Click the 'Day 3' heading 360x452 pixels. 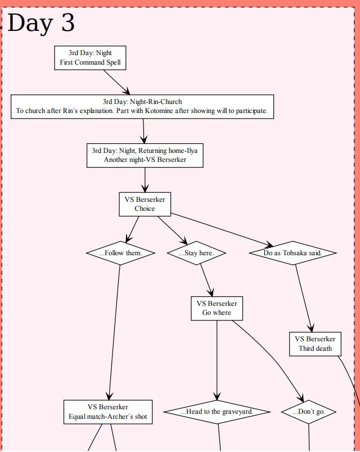(x=41, y=23)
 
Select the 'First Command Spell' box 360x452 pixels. (x=90, y=58)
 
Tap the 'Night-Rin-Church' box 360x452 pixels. (x=142, y=106)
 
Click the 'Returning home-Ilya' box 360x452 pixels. (x=145, y=155)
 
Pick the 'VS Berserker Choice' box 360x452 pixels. (x=145, y=204)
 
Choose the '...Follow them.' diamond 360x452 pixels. (x=120, y=253)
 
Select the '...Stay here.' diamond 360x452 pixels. (x=196, y=253)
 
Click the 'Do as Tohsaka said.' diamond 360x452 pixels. (x=292, y=253)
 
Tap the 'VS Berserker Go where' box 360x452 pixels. (x=217, y=308)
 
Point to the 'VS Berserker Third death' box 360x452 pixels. (x=315, y=343)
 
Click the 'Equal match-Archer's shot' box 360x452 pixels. (x=108, y=412)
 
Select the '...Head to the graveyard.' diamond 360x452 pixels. (x=217, y=412)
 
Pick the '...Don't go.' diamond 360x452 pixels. (x=309, y=412)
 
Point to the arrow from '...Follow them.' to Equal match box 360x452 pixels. (x=115, y=332)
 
